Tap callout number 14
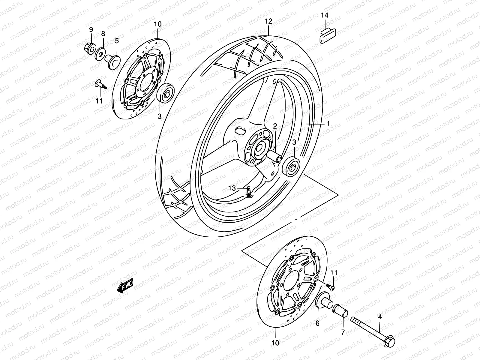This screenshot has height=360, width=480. point(324,15)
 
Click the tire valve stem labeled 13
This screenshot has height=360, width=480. point(249,192)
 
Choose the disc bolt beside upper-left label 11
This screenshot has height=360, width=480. point(102,84)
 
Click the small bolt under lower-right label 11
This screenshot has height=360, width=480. point(331,287)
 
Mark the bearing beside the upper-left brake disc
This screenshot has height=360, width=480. point(165,94)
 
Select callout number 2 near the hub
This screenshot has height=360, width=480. point(274,126)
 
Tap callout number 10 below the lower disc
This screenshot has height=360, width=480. point(275,342)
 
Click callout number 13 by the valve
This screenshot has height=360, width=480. point(232,188)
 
